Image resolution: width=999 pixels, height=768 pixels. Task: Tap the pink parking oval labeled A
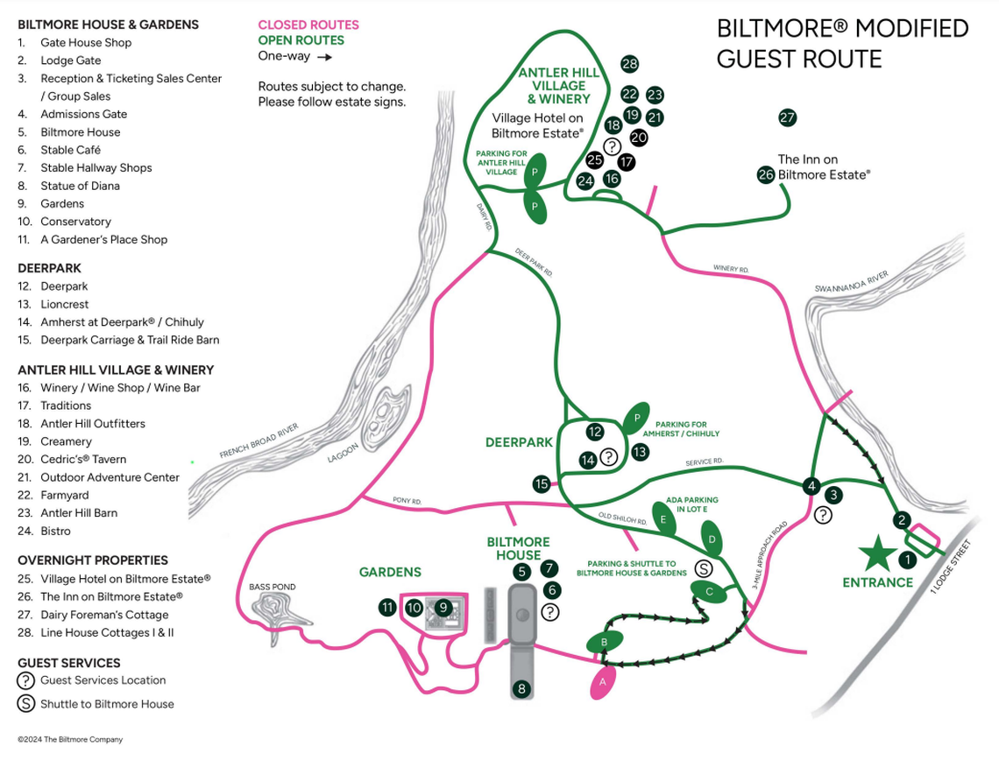(602, 680)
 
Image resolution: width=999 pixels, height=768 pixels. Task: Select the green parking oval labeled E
(663, 520)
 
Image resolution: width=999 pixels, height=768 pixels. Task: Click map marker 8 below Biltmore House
(522, 689)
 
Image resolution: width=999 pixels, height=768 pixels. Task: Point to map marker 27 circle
(787, 117)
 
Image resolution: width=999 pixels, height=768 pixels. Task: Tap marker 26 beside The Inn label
(767, 174)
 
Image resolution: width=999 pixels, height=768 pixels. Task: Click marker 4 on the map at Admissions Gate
(812, 486)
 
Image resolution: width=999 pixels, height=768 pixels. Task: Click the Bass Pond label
(272, 587)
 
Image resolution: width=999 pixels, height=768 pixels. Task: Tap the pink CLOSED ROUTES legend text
(308, 25)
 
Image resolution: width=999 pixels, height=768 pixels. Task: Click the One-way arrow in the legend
(324, 57)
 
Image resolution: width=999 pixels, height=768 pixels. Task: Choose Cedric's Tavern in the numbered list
(83, 460)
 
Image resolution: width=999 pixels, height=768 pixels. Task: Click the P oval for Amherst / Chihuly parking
(636, 419)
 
